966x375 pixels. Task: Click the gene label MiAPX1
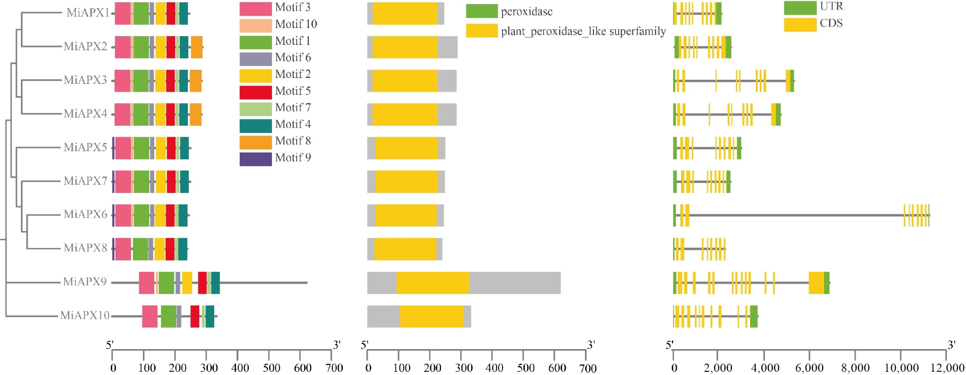tap(88, 13)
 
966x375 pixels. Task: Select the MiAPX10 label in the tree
tap(85, 315)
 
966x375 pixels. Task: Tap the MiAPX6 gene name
tap(85, 215)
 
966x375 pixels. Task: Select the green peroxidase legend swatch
tap(481, 11)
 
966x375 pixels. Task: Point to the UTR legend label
tap(831, 6)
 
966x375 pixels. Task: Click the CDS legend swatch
tap(800, 24)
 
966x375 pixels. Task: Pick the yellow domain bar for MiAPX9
tap(432, 283)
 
